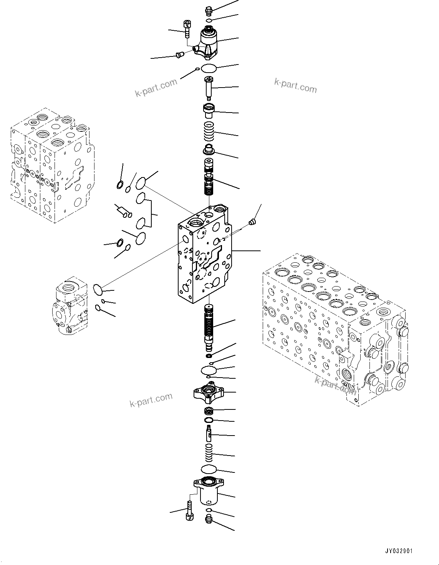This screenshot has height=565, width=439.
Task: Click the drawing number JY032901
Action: click(x=399, y=551)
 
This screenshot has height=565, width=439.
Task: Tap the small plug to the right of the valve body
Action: click(x=252, y=222)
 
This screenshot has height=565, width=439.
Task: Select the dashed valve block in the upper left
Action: click(x=50, y=165)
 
